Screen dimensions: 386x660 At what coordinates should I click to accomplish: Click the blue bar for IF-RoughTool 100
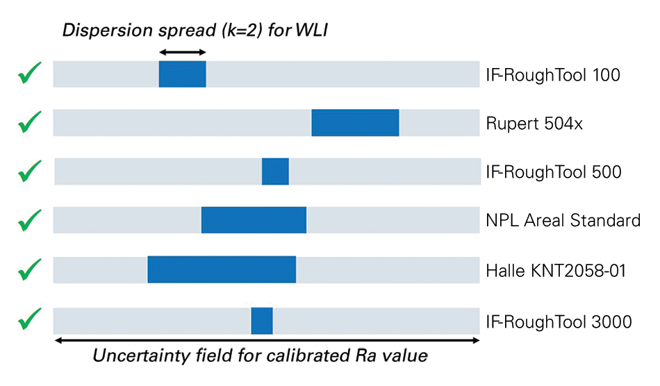click(x=182, y=74)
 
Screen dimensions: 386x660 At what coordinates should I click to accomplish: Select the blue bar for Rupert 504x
click(x=355, y=123)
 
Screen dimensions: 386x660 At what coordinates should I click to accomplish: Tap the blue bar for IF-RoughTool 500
click(x=275, y=171)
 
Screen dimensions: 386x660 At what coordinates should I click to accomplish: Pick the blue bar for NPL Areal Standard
click(x=254, y=220)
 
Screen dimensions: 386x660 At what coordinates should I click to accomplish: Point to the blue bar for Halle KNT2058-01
click(x=222, y=269)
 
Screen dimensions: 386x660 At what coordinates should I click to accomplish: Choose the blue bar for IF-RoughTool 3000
click(x=262, y=321)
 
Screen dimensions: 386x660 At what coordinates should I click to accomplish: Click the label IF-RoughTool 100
click(x=553, y=74)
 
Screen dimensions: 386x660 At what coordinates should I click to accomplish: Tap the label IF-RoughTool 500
click(x=553, y=171)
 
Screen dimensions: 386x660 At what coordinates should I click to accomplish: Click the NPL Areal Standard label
click(x=563, y=221)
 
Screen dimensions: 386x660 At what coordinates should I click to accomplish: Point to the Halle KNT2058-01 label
click(x=556, y=270)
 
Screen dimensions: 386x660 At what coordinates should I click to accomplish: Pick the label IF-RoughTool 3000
click(x=558, y=321)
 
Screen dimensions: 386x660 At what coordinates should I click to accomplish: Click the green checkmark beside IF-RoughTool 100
click(x=29, y=73)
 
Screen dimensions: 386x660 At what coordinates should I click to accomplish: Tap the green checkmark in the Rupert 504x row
click(x=29, y=122)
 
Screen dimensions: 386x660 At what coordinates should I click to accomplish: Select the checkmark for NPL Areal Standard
click(x=29, y=220)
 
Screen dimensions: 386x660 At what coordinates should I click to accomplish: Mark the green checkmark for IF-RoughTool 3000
click(x=29, y=320)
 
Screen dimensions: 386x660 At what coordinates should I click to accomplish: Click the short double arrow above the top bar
click(x=183, y=52)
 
